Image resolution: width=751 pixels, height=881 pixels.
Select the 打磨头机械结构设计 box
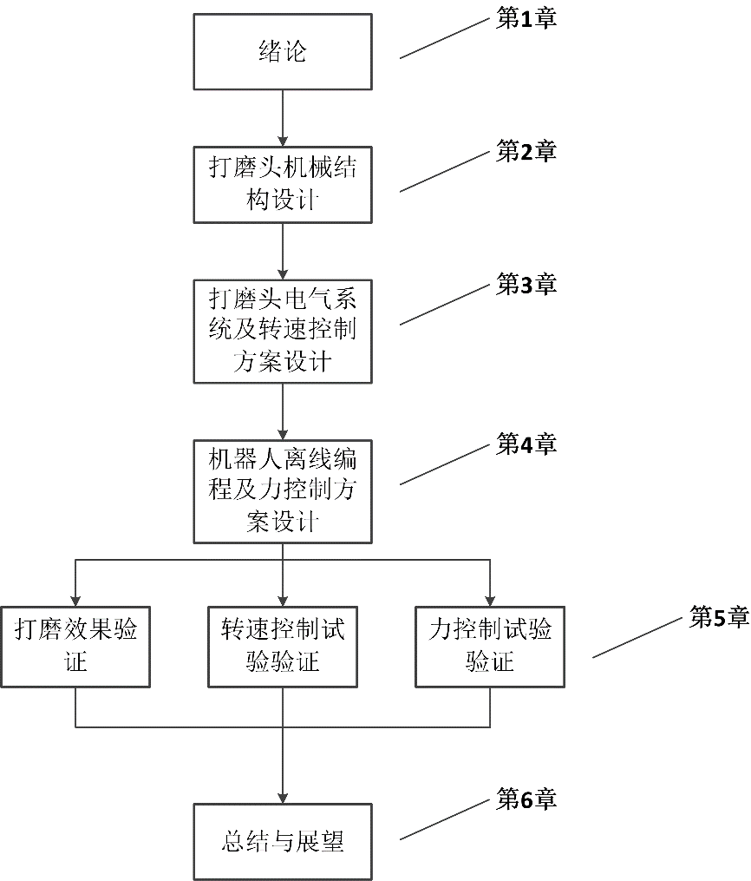pyautogui.click(x=283, y=183)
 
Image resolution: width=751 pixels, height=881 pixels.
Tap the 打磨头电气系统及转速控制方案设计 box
pyautogui.click(x=283, y=330)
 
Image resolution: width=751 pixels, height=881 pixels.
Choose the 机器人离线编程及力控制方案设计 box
pyautogui.click(x=283, y=490)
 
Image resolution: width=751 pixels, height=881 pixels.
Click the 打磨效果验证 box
pyautogui.click(x=75, y=646)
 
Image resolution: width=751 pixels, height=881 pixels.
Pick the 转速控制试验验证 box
pyautogui.click(x=283, y=646)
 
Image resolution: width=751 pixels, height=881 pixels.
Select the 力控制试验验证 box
pyautogui.click(x=490, y=646)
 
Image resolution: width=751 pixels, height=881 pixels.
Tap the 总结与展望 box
pyautogui.click(x=283, y=841)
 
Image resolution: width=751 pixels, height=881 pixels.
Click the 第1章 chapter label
pyautogui.click(x=526, y=19)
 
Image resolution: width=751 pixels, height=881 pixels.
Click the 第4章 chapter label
pyautogui.click(x=526, y=444)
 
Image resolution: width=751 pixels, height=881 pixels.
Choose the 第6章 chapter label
pyautogui.click(x=526, y=799)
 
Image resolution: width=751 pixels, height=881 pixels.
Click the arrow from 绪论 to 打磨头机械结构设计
pyautogui.click(x=283, y=116)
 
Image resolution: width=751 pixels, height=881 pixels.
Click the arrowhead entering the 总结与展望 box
pyautogui.click(x=283, y=796)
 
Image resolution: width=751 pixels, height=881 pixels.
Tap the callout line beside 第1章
pyautogui.click(x=445, y=39)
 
